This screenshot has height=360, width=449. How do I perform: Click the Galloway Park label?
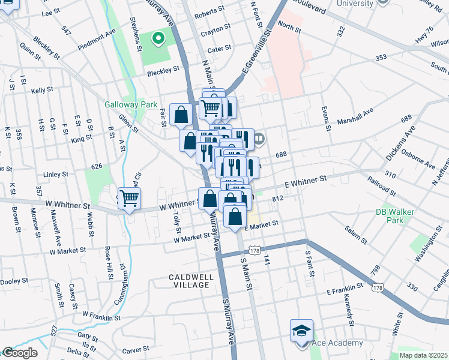pyautogui.click(x=131, y=104)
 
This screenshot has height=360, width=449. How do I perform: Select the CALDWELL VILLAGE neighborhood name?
pyautogui.click(x=190, y=280)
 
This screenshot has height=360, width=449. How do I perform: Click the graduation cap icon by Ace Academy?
pyautogui.click(x=301, y=330)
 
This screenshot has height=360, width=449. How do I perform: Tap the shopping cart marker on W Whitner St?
pyautogui.click(x=129, y=197)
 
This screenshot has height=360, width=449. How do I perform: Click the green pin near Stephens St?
pyautogui.click(x=158, y=40)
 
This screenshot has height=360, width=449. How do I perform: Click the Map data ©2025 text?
pyautogui.click(x=423, y=355)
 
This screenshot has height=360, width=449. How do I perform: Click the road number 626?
pyautogui.click(x=97, y=166)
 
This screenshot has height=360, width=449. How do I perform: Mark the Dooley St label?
pyautogui.click(x=14, y=281)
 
